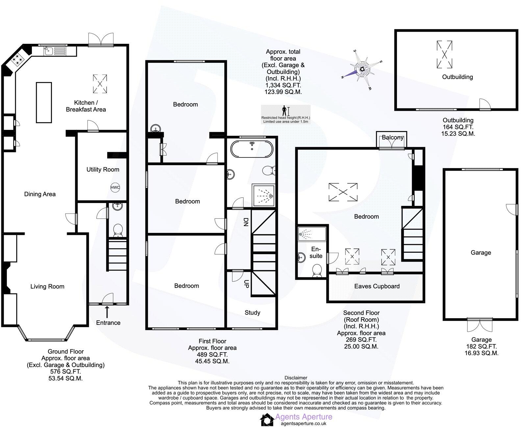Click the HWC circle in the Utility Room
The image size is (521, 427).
point(115,187)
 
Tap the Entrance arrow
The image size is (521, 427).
point(107,312)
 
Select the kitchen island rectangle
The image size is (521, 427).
point(44,102)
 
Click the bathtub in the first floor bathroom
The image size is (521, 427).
point(252,149)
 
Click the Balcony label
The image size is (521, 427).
point(392,137)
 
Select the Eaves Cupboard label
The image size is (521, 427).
point(377,286)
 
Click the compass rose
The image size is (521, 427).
point(362,69)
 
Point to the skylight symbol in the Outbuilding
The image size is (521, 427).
point(444,54)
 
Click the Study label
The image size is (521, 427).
point(252,313)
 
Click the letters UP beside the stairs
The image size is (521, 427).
point(245,284)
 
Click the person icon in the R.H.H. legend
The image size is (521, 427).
point(284,110)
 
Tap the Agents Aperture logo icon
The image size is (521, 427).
point(266,420)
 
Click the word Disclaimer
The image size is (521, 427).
point(296,378)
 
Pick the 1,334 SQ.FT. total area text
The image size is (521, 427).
point(283,85)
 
